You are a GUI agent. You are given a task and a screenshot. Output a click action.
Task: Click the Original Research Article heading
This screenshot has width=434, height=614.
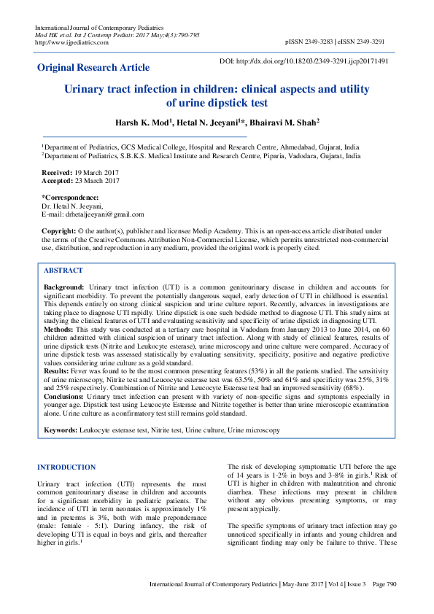(93, 68)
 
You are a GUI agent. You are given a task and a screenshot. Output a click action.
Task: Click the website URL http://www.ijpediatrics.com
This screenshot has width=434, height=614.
(72, 42)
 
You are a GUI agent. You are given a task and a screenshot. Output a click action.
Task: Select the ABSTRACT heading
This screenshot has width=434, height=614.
(63, 270)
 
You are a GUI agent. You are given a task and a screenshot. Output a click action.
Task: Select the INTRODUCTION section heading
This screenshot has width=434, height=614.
(66, 467)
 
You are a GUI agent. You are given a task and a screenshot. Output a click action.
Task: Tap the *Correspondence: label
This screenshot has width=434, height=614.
(70, 198)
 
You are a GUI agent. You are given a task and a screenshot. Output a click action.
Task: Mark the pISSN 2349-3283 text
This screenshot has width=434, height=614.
(313, 42)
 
